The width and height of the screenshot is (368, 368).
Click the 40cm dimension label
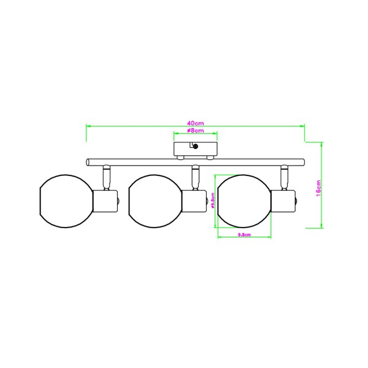coord(195,123)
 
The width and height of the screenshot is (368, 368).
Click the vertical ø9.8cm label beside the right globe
coord(212,202)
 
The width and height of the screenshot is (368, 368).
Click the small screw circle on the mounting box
coord(195,146)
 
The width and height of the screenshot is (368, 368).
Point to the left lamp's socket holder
coord(105,201)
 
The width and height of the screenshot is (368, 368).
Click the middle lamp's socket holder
coord(194,201)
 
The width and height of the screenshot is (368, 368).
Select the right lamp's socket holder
coord(283,201)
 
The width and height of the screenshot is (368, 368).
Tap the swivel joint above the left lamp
coord(106,177)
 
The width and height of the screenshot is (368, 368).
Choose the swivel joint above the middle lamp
coord(195,177)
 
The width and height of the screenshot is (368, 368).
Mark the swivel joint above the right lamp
coord(284,177)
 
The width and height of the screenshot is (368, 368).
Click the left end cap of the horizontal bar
coord(88,162)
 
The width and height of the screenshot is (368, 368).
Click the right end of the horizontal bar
coord(303,162)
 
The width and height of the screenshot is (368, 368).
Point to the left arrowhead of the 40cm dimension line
coord(87,126)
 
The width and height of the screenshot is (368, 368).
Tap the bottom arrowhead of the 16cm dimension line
coord(323,226)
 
